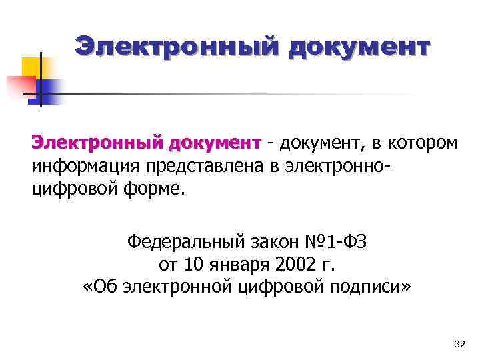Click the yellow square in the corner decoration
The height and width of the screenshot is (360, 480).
pyautogui.click(x=32, y=67)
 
